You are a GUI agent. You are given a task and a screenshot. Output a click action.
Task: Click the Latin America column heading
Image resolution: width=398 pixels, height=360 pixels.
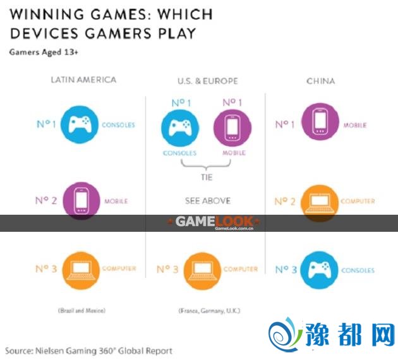[x=83, y=80]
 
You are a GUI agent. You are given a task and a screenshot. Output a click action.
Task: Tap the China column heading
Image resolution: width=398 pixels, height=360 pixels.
[x=320, y=81]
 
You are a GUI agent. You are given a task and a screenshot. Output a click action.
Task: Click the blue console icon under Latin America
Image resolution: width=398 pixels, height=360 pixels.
[x=80, y=124]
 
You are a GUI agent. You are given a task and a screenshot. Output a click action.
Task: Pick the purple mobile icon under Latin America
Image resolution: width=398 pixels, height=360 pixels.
[x=80, y=201]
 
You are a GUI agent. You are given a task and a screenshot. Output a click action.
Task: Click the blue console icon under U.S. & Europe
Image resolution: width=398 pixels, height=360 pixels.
[x=180, y=127]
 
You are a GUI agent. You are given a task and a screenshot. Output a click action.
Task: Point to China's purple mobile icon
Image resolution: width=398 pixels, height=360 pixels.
[x=318, y=124]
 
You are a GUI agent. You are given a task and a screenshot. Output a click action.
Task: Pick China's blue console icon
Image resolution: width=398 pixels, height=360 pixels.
[x=318, y=270]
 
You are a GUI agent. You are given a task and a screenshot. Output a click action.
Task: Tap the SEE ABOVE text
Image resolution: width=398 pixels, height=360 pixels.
[x=207, y=201]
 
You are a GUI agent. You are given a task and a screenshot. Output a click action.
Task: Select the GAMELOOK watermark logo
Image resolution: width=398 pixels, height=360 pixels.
[x=215, y=222]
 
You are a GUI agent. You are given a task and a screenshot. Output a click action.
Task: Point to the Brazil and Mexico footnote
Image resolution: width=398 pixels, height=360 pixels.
[x=80, y=310]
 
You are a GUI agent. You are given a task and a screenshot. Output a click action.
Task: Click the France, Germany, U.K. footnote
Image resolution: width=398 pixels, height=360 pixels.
[x=207, y=310]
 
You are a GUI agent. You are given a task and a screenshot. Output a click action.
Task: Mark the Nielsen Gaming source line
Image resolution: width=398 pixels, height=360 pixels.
[x=88, y=350]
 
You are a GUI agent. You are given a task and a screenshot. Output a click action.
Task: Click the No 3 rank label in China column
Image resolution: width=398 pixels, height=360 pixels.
[x=286, y=270]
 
